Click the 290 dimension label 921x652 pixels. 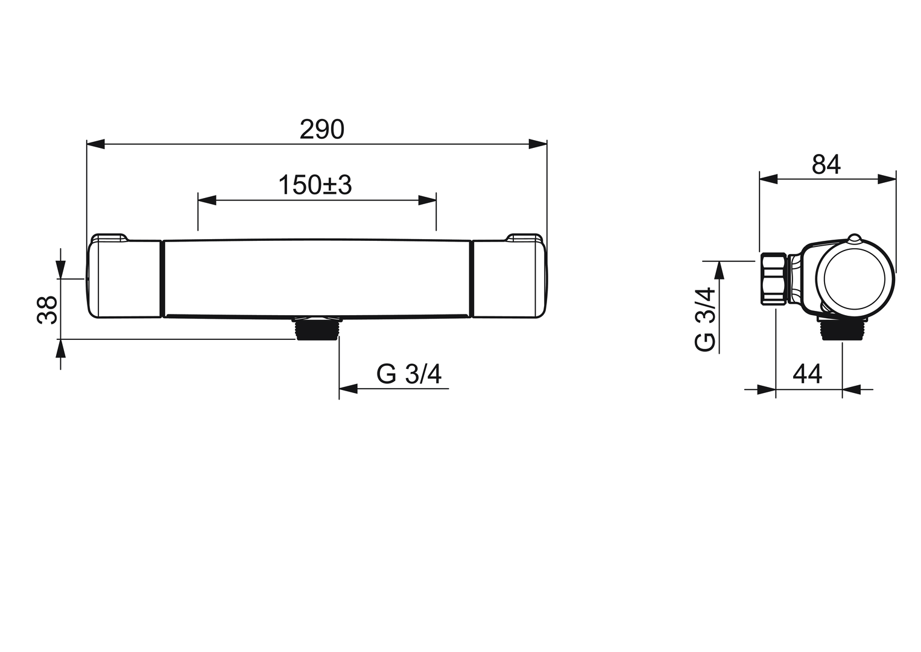(321, 130)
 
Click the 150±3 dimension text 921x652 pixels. (315, 185)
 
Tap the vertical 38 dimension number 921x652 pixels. (47, 310)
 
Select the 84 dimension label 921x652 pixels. (826, 165)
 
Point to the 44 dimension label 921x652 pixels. (808, 374)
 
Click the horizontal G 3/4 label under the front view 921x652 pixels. (409, 374)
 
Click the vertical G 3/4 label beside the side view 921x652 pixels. (705, 319)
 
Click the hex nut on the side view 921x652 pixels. (774, 279)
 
